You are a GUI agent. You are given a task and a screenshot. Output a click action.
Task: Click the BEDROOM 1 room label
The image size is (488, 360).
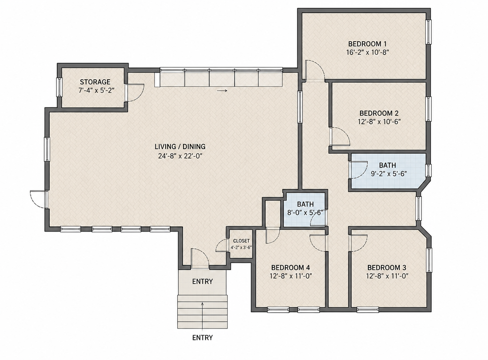point(367,44)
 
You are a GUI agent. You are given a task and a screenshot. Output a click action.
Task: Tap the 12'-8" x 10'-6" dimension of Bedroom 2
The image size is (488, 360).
point(379,121)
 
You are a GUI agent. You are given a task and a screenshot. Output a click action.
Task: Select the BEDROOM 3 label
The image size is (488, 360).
point(387,268)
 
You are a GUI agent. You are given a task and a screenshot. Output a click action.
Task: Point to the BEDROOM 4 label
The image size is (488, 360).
point(290,268)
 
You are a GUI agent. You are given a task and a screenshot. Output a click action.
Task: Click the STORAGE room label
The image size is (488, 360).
point(95,82)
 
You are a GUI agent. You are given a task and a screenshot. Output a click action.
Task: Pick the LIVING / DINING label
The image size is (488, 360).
point(180,147)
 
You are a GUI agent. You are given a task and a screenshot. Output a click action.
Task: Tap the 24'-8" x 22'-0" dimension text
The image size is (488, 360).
point(180,156)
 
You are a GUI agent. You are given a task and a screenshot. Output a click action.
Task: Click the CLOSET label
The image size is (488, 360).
point(241,241)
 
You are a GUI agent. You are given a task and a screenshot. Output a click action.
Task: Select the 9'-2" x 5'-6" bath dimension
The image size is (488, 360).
point(389,174)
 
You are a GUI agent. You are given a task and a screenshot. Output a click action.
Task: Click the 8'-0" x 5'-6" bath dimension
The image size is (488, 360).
point(305,213)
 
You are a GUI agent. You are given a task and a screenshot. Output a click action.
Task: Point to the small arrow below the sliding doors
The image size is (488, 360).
point(221,91)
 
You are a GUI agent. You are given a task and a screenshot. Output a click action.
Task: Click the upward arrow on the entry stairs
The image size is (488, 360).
point(203,315)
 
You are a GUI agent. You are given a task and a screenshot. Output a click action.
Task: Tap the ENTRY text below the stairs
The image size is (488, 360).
point(203,337)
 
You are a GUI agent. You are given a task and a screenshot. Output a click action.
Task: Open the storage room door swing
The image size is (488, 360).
point(135,93)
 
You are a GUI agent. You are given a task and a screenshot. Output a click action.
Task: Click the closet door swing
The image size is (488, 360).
point(222,246)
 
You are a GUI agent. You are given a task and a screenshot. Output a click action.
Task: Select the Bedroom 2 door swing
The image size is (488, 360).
point(340,137)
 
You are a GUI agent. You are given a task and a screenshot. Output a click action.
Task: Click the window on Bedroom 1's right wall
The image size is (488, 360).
point(428,32)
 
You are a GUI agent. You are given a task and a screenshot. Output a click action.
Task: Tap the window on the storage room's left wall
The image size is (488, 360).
point(59,87)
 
